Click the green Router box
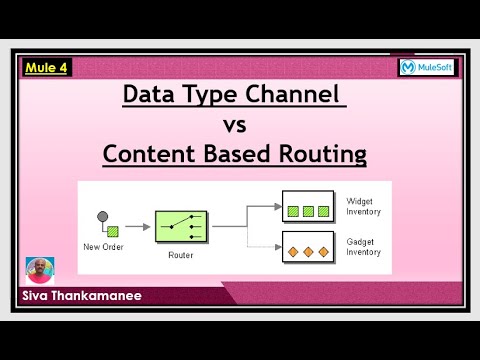tap(181, 225)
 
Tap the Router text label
tap(181, 254)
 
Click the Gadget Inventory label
tap(361, 246)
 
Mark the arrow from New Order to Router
tap(135, 226)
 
